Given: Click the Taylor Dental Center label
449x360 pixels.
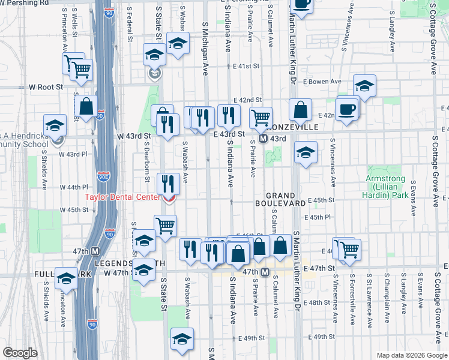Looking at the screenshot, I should click(x=122, y=197).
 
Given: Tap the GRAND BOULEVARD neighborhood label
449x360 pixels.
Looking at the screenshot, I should click(x=286, y=200).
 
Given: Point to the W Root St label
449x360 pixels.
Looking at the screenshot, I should click(x=46, y=87).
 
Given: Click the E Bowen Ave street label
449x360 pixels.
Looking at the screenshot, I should click(x=322, y=82).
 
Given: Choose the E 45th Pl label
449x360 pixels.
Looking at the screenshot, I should click(x=317, y=218).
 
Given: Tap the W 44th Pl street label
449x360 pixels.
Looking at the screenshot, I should click(x=74, y=187).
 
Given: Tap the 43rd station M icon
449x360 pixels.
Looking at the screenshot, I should click(x=264, y=139).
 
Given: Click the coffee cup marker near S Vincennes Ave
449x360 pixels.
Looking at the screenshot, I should click(x=348, y=110).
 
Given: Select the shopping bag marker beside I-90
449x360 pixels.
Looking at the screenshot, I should click(x=87, y=107).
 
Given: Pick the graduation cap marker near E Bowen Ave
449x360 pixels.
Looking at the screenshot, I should click(x=364, y=85).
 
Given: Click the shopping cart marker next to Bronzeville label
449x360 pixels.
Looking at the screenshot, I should click(x=261, y=118).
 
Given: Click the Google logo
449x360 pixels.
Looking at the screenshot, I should click(x=20, y=353).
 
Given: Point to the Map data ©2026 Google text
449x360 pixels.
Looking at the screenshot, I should click(x=411, y=355).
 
